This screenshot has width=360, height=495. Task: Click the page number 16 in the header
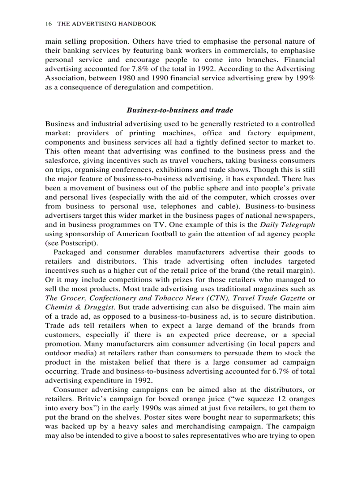click(48, 23)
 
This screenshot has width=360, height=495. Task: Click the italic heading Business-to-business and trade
click(180, 110)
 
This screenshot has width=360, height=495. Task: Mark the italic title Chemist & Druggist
click(73, 307)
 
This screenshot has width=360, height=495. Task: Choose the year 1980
click(125, 78)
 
